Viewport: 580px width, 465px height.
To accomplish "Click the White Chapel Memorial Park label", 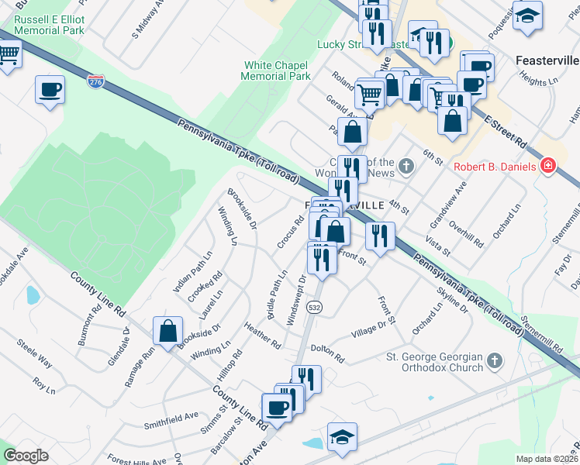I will click(277, 71).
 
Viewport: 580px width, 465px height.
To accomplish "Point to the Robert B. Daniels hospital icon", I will click(548, 166).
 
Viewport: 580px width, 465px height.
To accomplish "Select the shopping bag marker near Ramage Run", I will click(168, 332).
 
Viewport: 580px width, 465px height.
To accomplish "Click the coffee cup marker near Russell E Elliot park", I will click(50, 90).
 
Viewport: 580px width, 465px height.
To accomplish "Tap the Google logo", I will click(26, 456).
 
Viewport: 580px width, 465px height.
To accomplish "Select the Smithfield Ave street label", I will click(171, 421).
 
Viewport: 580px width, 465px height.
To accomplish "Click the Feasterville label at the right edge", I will click(547, 60).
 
